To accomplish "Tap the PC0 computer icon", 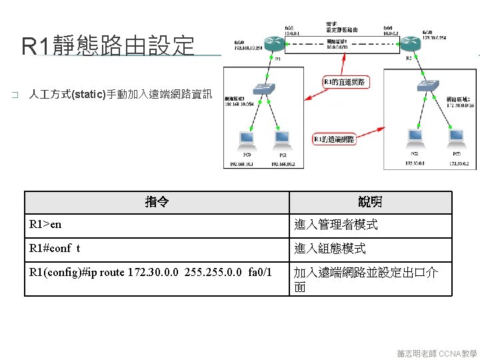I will point(247,139).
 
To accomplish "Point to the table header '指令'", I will point(157,202).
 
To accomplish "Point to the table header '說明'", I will point(370,202).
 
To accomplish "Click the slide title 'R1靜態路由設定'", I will point(108,47).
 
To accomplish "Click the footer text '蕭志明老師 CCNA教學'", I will point(437,353).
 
